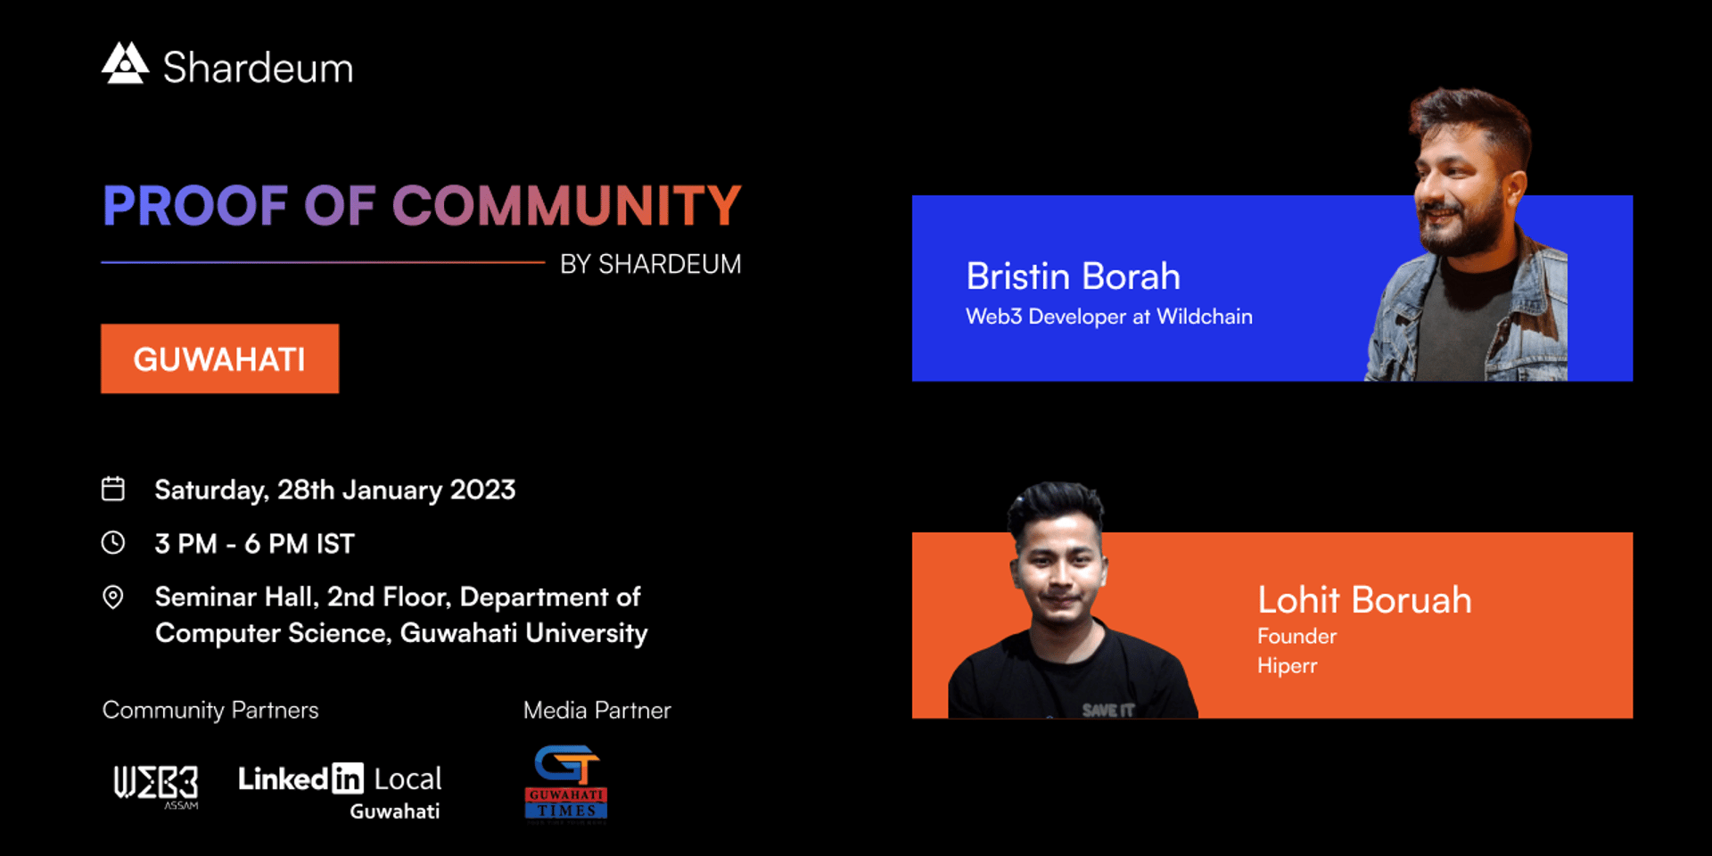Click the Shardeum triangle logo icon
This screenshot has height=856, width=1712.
[x=125, y=63]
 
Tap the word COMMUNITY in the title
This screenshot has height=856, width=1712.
[x=566, y=206]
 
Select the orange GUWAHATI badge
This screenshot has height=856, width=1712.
[x=219, y=358]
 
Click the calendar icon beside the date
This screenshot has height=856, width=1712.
[x=113, y=489]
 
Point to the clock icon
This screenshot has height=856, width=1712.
[x=113, y=542]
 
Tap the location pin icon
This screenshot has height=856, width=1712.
[x=113, y=597]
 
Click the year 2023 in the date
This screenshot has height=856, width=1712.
[x=482, y=490]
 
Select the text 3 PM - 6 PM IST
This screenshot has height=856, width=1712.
[x=255, y=543]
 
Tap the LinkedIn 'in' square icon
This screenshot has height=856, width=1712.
[x=348, y=778]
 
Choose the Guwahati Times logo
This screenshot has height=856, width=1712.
[x=566, y=783]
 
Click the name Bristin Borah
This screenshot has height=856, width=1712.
[x=1074, y=276]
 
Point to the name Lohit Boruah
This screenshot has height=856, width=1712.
[x=1364, y=600]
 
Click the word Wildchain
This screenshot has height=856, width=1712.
[x=1205, y=317]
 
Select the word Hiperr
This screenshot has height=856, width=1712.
[x=1287, y=666]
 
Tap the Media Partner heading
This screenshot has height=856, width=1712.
[x=597, y=710]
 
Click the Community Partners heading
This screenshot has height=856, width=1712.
[x=210, y=710]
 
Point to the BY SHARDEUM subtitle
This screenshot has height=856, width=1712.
[x=651, y=264]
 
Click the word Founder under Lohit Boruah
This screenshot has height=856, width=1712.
[x=1297, y=636]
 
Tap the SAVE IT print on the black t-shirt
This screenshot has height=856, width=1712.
[x=1108, y=710]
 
